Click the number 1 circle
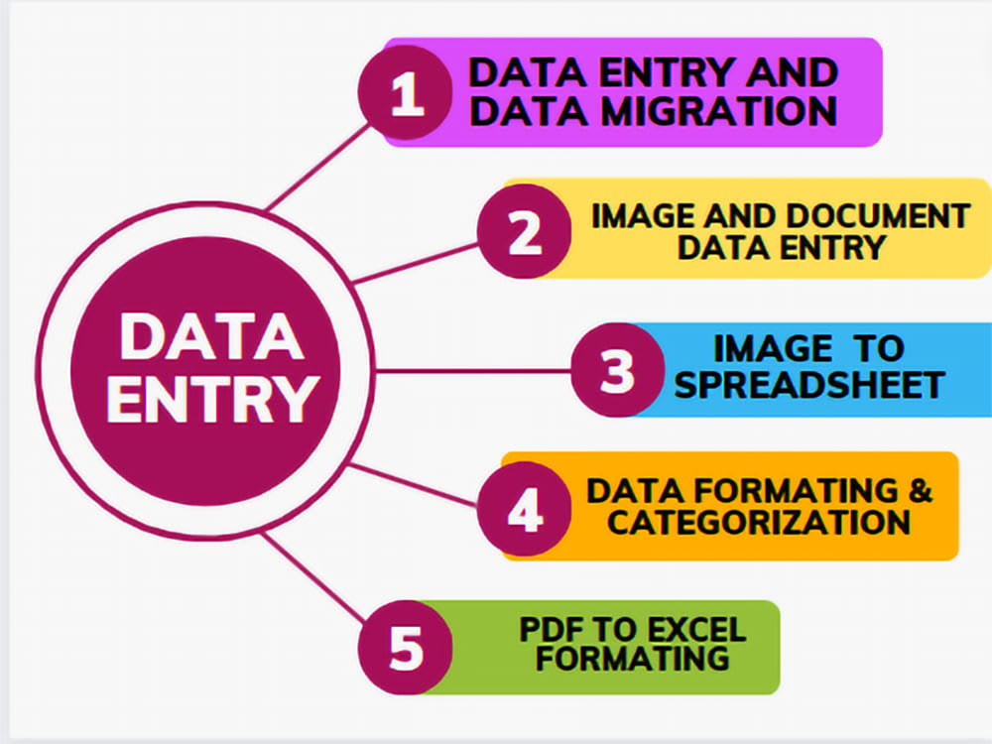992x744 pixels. (x=406, y=92)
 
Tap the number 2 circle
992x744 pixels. (x=525, y=231)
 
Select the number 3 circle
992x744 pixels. (x=618, y=370)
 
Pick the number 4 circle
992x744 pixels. (x=525, y=509)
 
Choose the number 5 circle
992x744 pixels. (x=406, y=647)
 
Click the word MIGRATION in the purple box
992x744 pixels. (x=719, y=112)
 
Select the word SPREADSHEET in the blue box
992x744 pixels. (x=809, y=384)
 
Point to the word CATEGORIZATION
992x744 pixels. (x=759, y=522)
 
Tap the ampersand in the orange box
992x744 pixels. (x=921, y=490)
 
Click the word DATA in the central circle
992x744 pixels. (x=212, y=336)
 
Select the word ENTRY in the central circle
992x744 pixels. (x=212, y=399)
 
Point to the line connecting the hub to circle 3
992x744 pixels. (x=473, y=371)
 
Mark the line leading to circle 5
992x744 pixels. (x=312, y=576)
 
